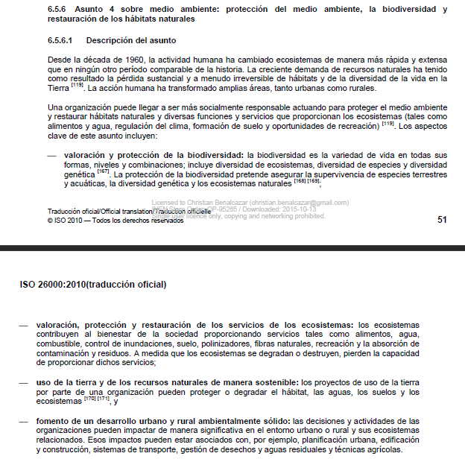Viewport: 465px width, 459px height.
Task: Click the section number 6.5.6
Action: tap(57, 10)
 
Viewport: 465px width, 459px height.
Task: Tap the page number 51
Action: tap(442, 219)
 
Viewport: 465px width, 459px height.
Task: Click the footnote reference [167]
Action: tap(103, 171)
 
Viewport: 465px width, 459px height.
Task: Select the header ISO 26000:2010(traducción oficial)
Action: tap(93, 285)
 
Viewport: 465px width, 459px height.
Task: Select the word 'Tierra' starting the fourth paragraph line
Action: tap(58, 87)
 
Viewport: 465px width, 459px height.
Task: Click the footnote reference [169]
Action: tap(314, 181)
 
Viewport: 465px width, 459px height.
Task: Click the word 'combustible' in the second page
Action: tap(59, 344)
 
